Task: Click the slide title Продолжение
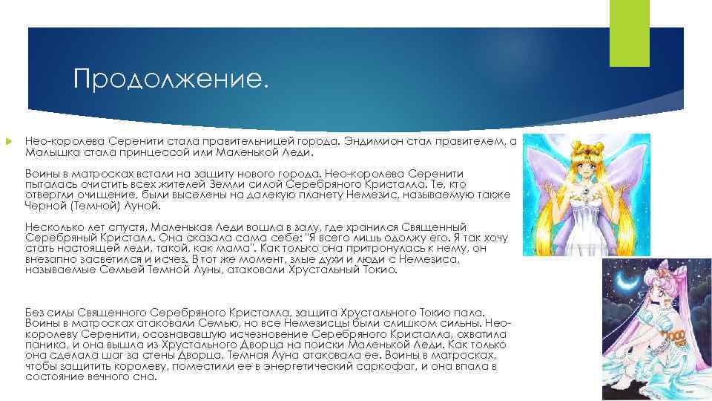(x=168, y=78)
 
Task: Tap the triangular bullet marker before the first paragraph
(x=9, y=140)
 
